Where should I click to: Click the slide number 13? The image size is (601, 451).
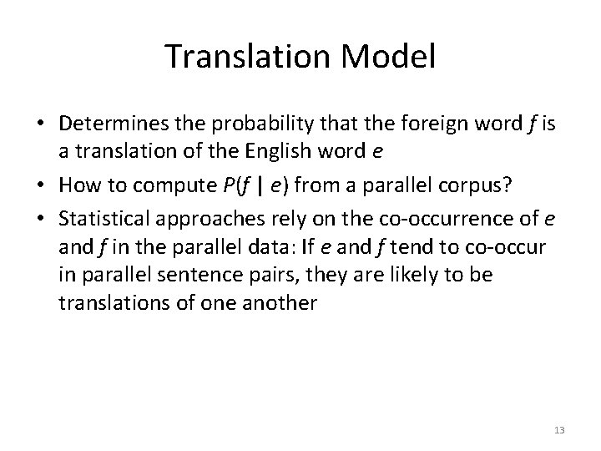pos(559,430)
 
